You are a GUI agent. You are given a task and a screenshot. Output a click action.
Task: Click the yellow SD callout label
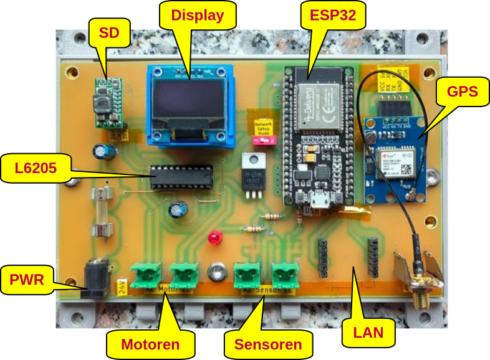[109, 33]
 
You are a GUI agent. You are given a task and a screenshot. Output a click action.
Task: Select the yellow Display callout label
[197, 16]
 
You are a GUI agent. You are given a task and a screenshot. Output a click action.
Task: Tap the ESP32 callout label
[329, 16]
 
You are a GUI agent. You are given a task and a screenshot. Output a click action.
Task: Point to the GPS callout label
[462, 92]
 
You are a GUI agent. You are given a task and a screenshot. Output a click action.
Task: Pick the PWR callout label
[27, 280]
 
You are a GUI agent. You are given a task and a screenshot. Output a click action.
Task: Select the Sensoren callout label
[267, 344]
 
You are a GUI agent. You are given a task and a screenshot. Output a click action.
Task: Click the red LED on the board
[216, 238]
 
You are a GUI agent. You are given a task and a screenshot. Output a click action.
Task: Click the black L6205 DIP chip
[181, 178]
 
